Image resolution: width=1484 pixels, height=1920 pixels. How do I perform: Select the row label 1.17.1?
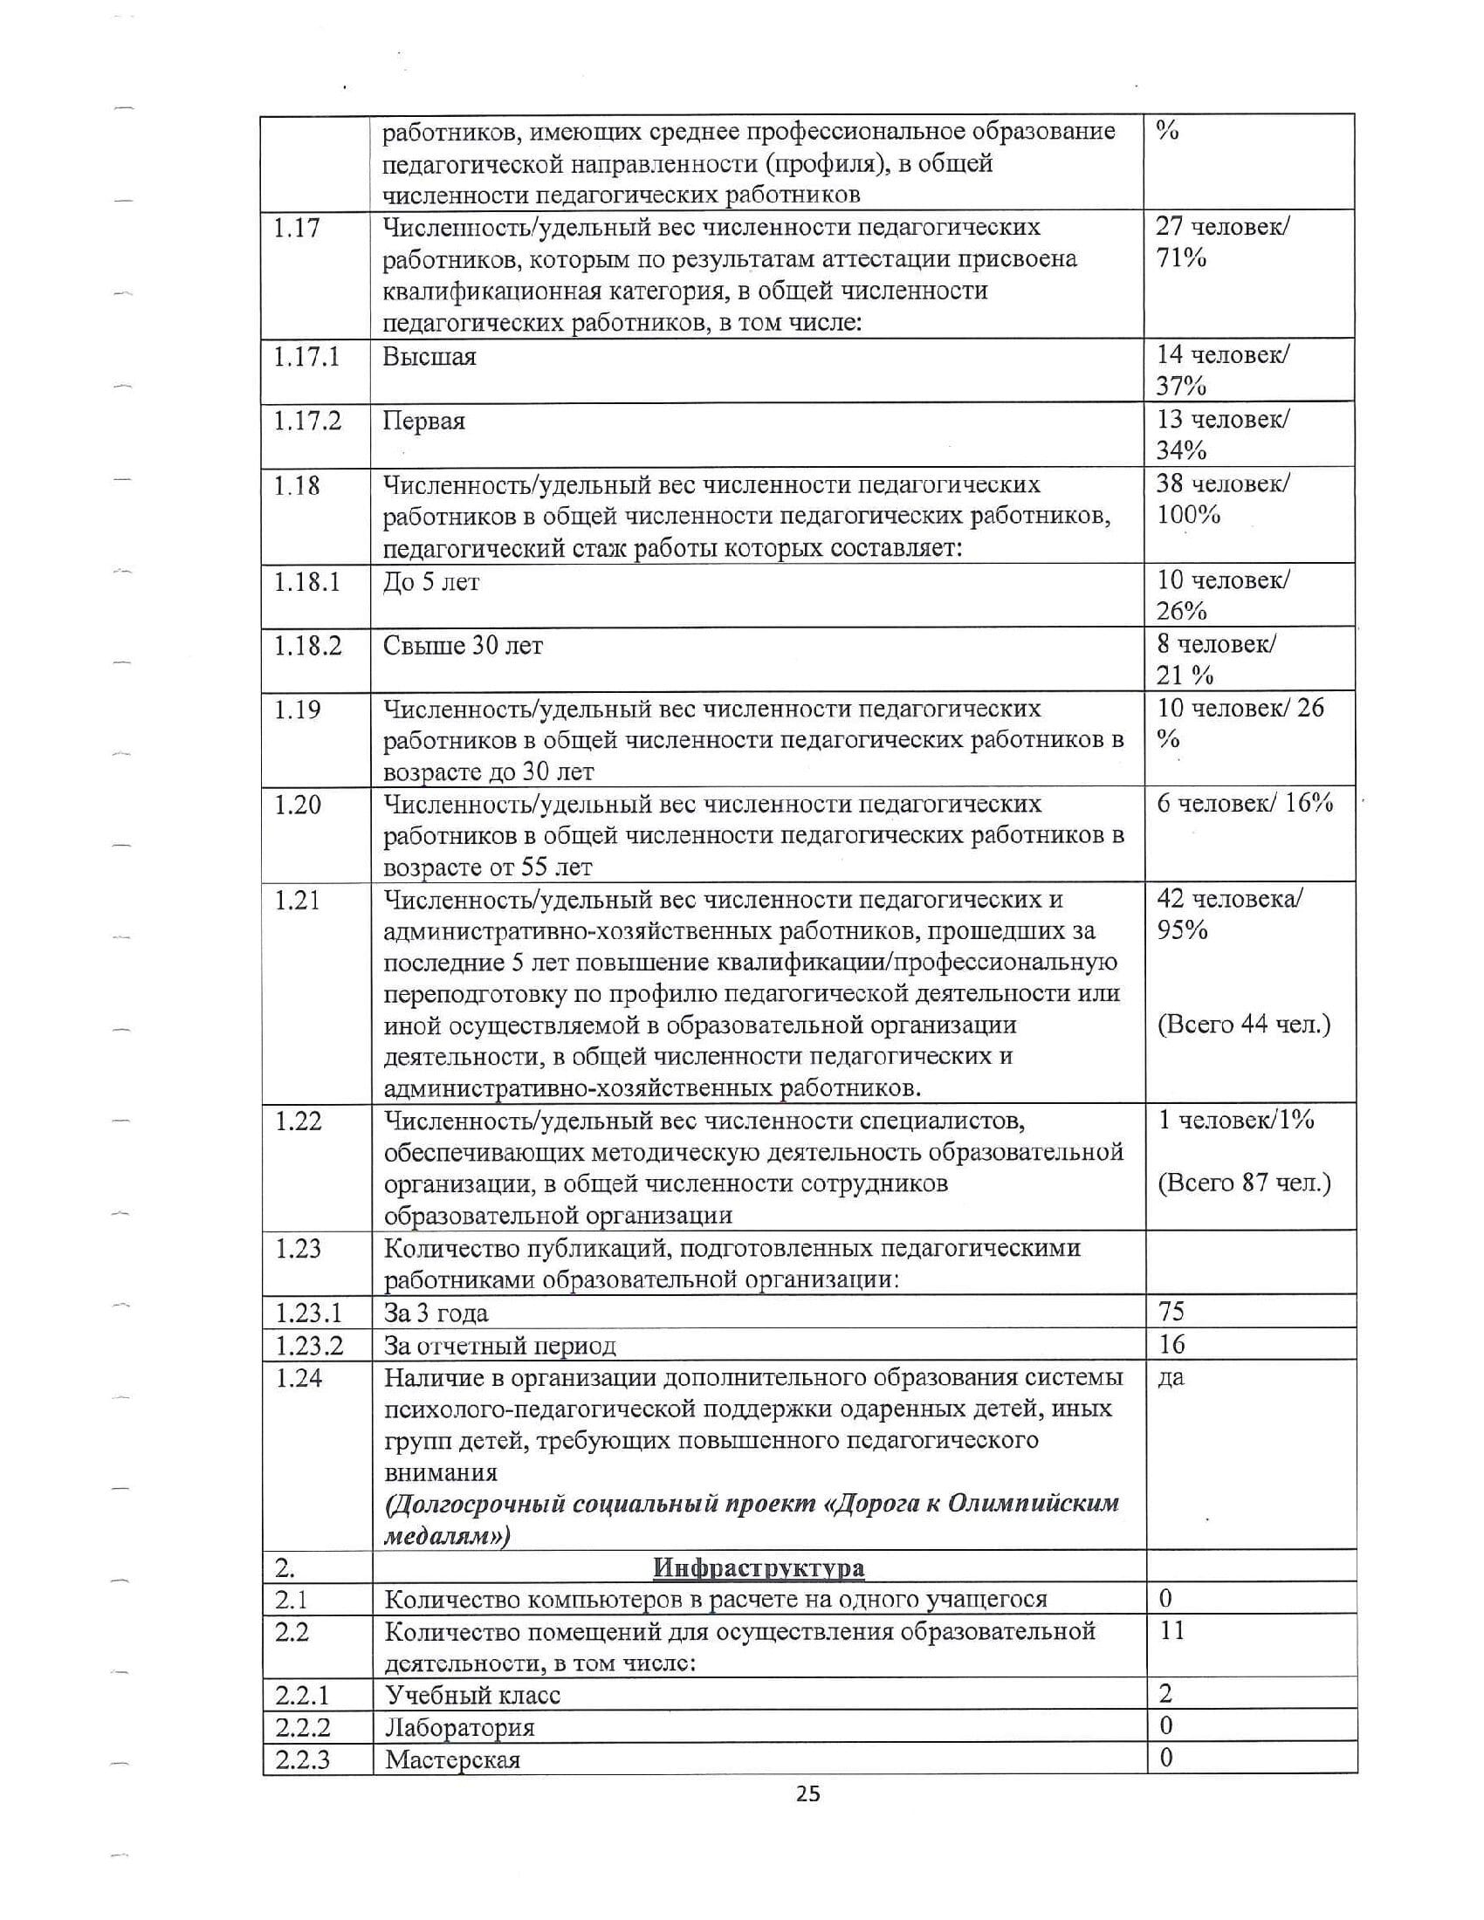[306, 358]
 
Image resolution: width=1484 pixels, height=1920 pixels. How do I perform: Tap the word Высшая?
[429, 358]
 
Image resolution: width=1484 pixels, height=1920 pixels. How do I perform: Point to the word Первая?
[423, 422]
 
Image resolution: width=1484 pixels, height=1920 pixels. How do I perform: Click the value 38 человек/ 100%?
[1222, 499]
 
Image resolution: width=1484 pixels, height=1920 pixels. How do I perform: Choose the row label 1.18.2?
[306, 646]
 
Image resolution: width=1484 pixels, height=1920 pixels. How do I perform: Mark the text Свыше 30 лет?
[464, 646]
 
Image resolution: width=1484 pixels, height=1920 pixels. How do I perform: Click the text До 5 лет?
[430, 583]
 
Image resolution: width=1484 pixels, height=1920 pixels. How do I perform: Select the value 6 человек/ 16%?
[1245, 804]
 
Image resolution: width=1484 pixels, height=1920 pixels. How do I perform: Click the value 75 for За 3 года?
[1171, 1312]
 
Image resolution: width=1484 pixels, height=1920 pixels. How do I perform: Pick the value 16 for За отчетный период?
[1171, 1344]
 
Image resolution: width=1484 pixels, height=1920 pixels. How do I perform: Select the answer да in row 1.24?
[1170, 1377]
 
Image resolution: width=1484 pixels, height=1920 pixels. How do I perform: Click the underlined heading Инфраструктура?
[759, 1568]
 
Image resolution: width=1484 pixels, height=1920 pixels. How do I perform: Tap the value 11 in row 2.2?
[1171, 1631]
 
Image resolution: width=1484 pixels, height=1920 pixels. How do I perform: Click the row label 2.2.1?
[300, 1695]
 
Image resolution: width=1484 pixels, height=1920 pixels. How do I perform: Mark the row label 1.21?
[297, 902]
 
